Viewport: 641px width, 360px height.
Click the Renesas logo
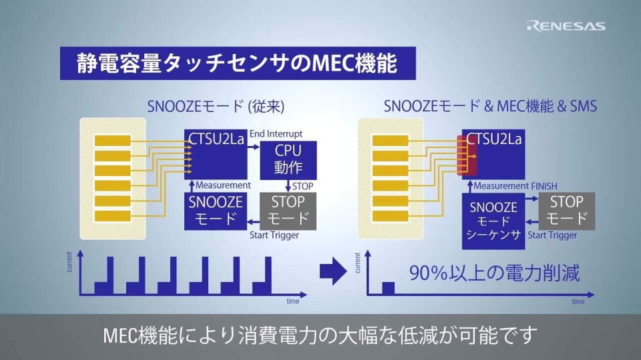(x=566, y=26)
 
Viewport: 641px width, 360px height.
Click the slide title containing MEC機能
(x=238, y=64)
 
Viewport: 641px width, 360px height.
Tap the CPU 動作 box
(x=288, y=159)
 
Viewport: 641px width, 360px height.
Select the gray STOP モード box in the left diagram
(x=288, y=210)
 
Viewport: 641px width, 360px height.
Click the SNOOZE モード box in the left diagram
(x=215, y=210)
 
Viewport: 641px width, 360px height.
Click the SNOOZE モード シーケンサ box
(x=493, y=221)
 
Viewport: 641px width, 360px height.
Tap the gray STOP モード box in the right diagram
(x=566, y=210)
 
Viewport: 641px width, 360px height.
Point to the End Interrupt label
(x=276, y=134)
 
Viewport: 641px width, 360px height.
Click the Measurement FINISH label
(x=515, y=186)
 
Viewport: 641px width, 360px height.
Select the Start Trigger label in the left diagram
(x=274, y=235)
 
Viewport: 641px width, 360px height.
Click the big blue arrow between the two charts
(x=333, y=270)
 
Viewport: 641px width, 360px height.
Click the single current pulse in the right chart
(x=388, y=288)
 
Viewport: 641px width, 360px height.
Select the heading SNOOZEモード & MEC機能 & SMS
(x=490, y=106)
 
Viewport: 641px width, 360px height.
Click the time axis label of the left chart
(x=292, y=301)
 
